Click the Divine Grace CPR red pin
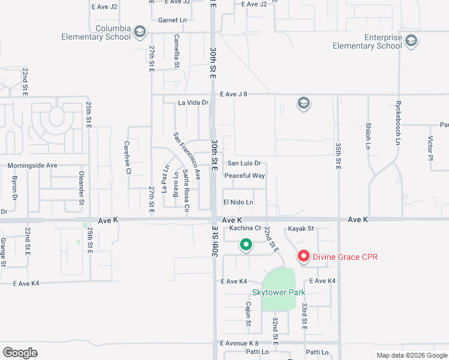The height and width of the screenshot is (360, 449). [303, 257]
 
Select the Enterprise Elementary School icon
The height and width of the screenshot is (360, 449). [411, 41]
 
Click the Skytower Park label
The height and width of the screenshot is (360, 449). [279, 292]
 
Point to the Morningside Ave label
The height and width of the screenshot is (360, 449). [32, 165]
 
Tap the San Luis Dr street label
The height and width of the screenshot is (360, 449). [244, 163]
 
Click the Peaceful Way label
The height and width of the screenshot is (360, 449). [244, 176]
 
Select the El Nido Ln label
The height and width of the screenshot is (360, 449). [238, 202]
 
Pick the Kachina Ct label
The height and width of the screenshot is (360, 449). [241, 228]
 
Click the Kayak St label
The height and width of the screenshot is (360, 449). [301, 228]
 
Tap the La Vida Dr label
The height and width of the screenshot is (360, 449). [193, 103]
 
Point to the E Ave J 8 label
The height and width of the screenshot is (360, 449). [234, 94]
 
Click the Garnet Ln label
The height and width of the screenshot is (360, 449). [173, 20]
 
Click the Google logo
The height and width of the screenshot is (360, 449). [20, 352]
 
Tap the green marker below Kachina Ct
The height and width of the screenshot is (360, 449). [246, 244]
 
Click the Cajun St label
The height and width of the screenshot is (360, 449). [248, 313]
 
